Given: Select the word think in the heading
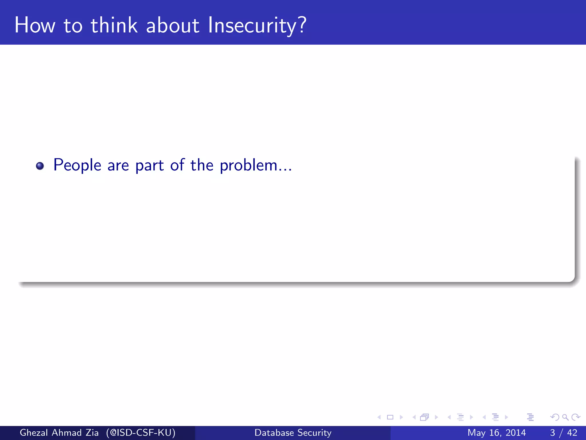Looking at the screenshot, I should tap(114, 25).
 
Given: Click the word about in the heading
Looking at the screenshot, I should tap(172, 25).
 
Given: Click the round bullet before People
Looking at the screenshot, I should tap(40, 166).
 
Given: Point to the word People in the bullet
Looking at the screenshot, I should tap(77, 166).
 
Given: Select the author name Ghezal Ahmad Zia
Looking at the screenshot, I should tap(59, 433).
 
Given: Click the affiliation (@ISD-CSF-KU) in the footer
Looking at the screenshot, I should tap(140, 433).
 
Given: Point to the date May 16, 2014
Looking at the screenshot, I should tap(496, 433).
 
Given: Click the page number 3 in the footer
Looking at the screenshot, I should tap(553, 433).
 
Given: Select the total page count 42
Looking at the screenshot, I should tap(572, 433).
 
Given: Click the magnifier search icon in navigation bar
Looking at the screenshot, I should tap(565, 417).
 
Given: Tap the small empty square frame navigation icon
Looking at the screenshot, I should tap(390, 417).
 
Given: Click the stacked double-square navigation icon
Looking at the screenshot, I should tap(424, 417).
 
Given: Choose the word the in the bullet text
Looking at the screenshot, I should tap(202, 165).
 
